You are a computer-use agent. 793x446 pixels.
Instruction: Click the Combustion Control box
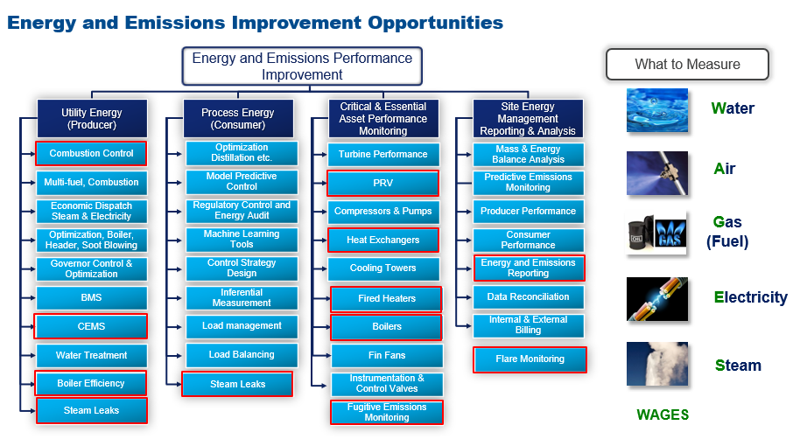(91, 154)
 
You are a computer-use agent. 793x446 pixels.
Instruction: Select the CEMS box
(91, 326)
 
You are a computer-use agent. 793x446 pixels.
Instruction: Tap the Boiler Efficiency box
(91, 383)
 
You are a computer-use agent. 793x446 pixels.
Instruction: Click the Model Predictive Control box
(242, 181)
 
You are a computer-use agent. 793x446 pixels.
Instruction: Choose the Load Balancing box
(242, 355)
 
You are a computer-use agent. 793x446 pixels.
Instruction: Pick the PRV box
(382, 183)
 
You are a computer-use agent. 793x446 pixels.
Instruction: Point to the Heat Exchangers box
(382, 240)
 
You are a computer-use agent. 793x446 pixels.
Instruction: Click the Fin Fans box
(387, 356)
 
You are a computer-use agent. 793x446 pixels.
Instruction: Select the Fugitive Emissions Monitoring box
(387, 412)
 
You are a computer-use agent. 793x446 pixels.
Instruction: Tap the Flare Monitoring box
(530, 359)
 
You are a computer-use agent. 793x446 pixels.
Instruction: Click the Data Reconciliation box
(528, 297)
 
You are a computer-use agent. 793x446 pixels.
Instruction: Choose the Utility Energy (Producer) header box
(92, 119)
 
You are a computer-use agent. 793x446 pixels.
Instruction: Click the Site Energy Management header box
(528, 119)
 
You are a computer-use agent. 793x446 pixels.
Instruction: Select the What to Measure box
(687, 64)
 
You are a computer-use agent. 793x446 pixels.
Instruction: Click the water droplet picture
(657, 110)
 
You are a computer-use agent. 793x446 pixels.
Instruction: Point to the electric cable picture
(657, 299)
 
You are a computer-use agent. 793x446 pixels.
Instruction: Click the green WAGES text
(663, 415)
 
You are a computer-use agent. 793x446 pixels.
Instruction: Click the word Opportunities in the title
(435, 23)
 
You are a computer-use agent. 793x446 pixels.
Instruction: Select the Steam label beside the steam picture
(738, 366)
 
